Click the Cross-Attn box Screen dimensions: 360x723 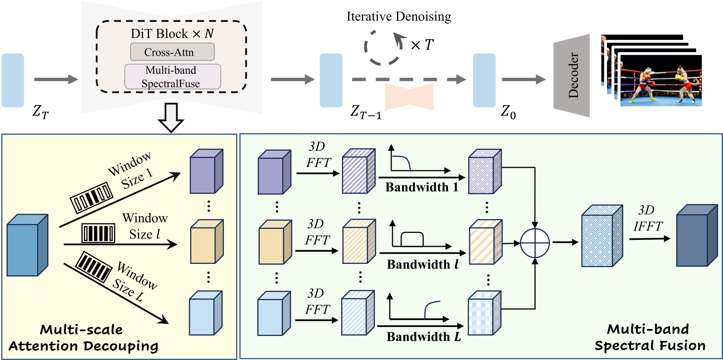[x=172, y=52]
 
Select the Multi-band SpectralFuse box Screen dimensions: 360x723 [x=173, y=77]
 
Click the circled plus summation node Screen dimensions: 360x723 [x=535, y=243]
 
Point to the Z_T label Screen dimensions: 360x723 [x=40, y=111]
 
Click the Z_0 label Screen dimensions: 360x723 [x=508, y=111]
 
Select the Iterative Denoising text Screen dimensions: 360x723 [x=399, y=17]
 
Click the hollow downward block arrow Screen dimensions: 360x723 [x=171, y=117]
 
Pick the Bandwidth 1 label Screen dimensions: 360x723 [x=422, y=187]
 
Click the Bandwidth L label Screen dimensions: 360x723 [x=423, y=337]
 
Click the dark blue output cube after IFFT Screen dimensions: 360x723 [x=697, y=236]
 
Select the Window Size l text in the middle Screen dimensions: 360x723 [x=145, y=226]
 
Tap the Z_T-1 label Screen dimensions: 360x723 [x=366, y=112]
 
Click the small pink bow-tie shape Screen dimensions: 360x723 [x=409, y=97]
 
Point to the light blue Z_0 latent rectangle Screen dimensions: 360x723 [x=484, y=80]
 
